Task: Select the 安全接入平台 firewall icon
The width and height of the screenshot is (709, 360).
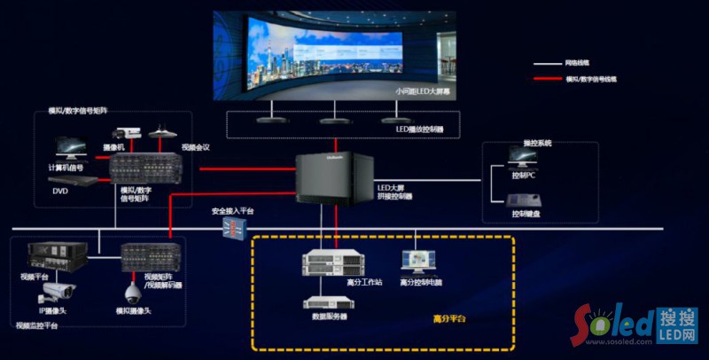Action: [x=232, y=228]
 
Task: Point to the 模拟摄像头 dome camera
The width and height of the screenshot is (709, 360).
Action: [x=133, y=292]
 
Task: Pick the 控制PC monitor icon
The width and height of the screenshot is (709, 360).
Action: [x=521, y=158]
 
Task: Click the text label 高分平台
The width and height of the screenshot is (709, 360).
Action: [x=448, y=318]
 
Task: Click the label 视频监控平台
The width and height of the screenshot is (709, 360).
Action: [x=36, y=326]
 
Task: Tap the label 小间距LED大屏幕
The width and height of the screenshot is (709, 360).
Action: [x=422, y=91]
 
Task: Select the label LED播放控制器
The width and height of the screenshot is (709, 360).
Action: [x=419, y=129]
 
